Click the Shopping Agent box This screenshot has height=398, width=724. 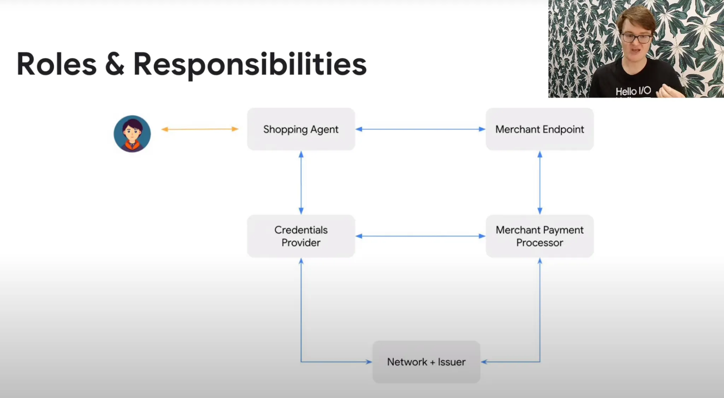coord(301,129)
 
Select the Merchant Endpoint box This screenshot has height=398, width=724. coord(539,129)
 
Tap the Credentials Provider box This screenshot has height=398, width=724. coord(301,236)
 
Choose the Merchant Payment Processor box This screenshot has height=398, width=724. coord(539,236)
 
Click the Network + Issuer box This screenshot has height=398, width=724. coord(426,362)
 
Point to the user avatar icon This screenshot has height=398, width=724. coord(132,133)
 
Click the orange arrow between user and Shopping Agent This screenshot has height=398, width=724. coord(200,129)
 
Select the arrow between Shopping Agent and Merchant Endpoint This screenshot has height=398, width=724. coord(420,129)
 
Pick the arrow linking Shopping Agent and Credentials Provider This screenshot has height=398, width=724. coord(301,183)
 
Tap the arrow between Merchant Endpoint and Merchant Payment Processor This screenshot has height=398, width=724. coord(540,183)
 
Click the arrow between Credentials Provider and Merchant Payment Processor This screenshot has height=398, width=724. coord(420,236)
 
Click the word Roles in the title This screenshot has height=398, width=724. coord(57,64)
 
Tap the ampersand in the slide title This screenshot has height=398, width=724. coord(115,64)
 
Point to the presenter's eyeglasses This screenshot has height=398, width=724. coord(636,38)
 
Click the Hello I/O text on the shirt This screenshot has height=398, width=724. coord(633,91)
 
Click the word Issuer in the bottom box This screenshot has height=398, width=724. coord(451,362)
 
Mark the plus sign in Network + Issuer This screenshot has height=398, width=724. coord(432,362)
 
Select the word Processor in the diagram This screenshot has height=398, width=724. coord(539,243)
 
